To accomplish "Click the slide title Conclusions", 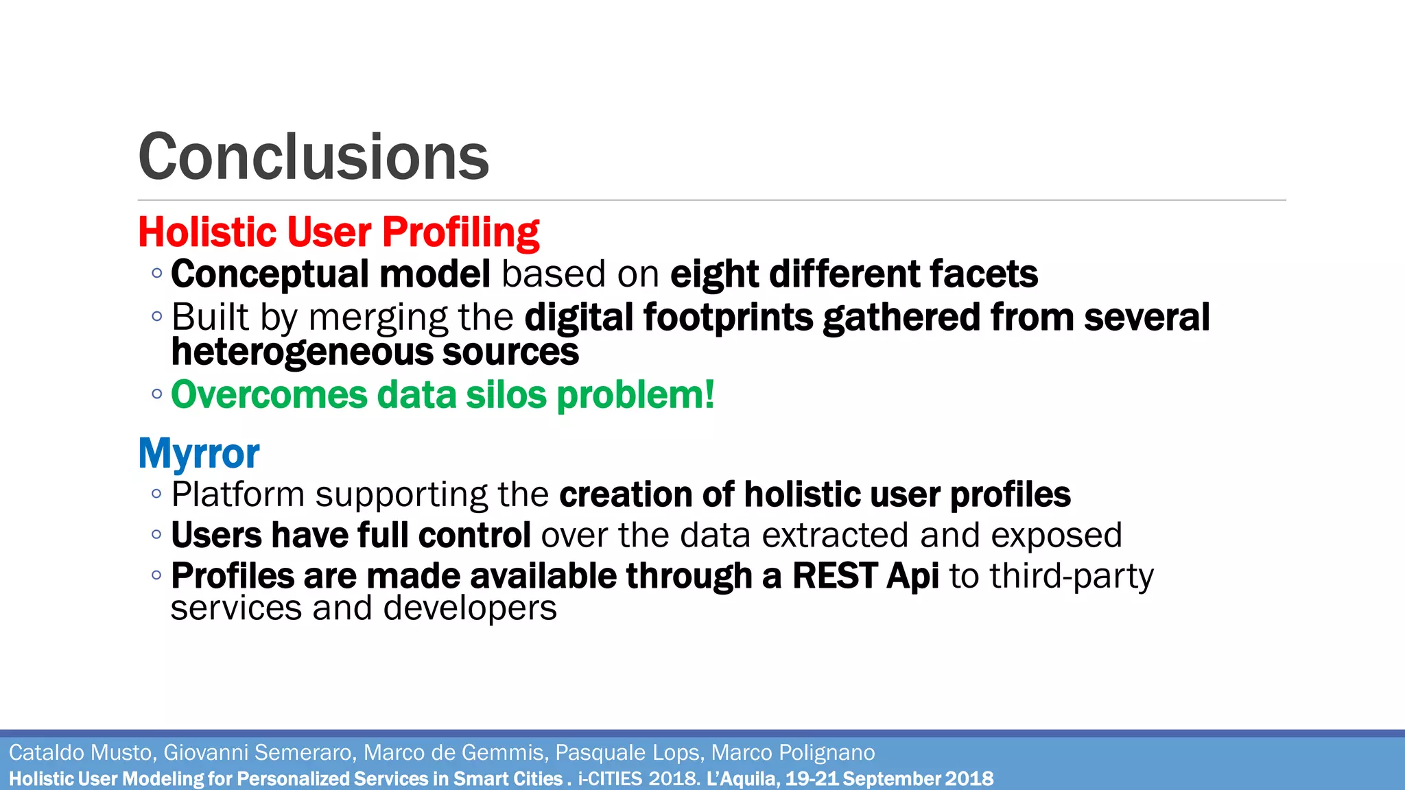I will (314, 157).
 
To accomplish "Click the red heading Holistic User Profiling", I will (338, 232).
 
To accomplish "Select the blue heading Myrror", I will (199, 453).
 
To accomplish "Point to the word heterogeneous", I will (303, 352).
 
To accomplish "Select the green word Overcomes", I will (269, 395).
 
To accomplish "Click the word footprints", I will (727, 318).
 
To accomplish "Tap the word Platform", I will (238, 494).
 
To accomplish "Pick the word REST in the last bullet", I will (834, 576).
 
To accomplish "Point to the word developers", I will (470, 608).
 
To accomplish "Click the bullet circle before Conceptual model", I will (157, 274).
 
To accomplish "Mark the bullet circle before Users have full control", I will (157, 534).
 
